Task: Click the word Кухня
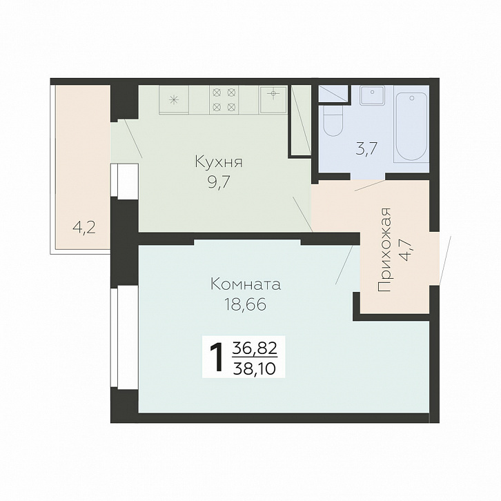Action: [x=219, y=162]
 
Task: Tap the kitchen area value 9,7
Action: [x=219, y=183]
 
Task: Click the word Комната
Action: [x=246, y=284]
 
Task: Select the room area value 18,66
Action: [x=245, y=304]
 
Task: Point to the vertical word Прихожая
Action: [x=384, y=250]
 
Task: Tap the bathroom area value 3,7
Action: [x=367, y=148]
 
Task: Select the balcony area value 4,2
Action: [x=84, y=228]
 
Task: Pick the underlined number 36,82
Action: [x=255, y=348]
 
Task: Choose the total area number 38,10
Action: [x=255, y=368]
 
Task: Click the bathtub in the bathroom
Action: [x=411, y=127]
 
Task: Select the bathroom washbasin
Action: [x=372, y=95]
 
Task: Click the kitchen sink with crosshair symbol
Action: [x=273, y=99]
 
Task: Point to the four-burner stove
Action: [x=224, y=99]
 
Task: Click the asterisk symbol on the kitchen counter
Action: [x=174, y=100]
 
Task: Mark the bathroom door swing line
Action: [x=371, y=186]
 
